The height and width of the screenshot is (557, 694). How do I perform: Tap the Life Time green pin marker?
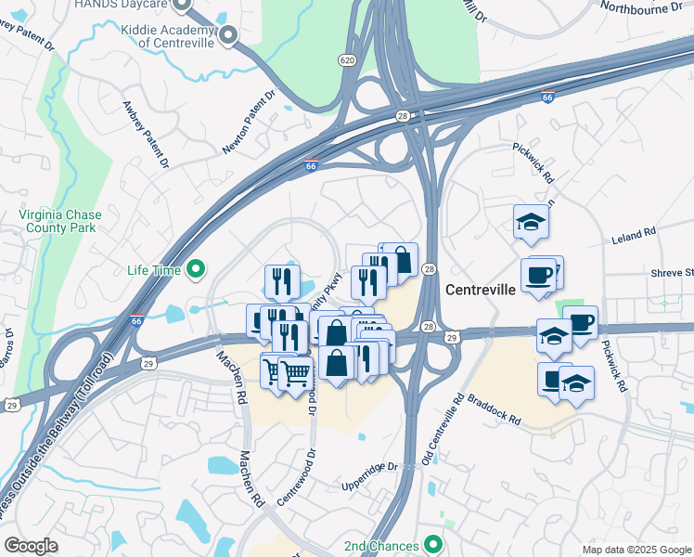point(196,270)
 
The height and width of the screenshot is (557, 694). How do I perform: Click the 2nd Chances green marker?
point(432,545)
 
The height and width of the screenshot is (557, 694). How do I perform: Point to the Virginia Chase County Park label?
point(58,220)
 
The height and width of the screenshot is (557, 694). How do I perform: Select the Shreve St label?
point(673,272)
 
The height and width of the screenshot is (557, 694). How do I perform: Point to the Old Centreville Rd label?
point(443,427)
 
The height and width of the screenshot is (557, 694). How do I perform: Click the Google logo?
point(31,546)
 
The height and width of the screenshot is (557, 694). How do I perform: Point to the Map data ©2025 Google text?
point(636,549)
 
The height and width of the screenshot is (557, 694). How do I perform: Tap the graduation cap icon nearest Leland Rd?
point(532,222)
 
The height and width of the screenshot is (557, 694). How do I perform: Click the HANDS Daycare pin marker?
point(182,4)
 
